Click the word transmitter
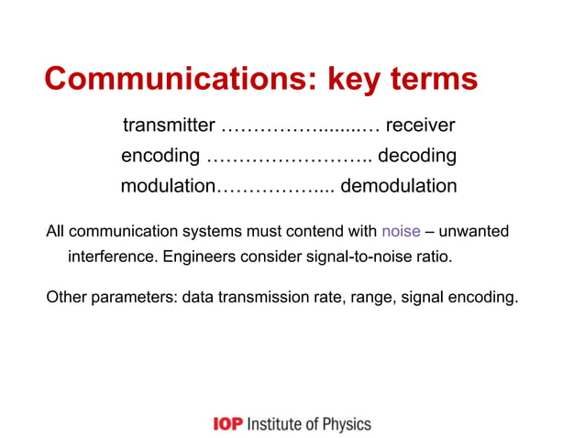(x=169, y=125)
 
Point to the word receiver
(x=421, y=125)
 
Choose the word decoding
(x=417, y=156)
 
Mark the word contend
(x=314, y=230)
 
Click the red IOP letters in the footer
(x=227, y=423)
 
